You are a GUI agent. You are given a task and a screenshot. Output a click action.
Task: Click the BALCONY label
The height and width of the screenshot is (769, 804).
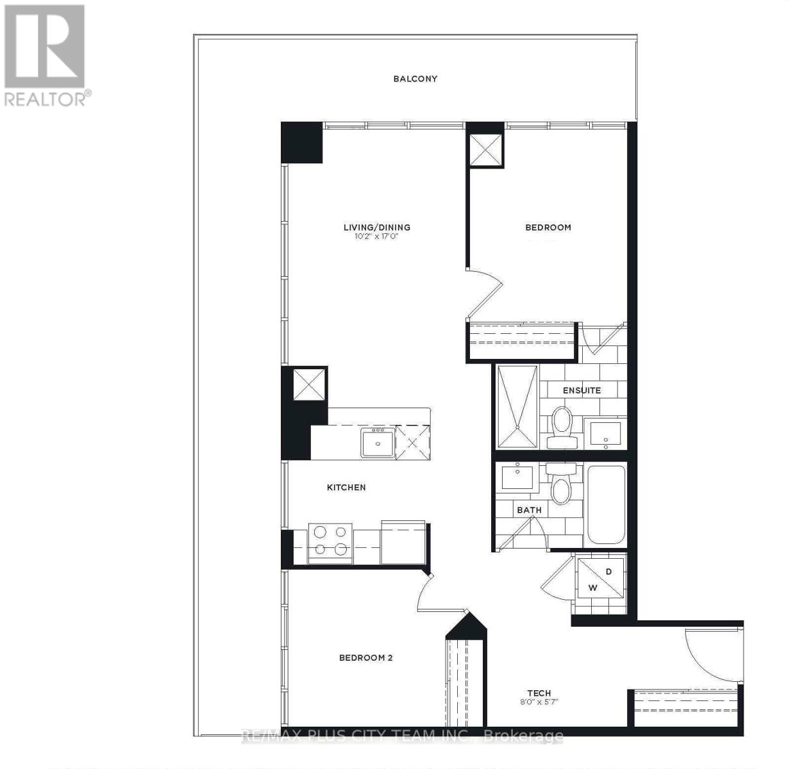pos(415,79)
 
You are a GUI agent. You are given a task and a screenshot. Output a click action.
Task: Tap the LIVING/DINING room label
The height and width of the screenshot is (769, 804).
pos(376,227)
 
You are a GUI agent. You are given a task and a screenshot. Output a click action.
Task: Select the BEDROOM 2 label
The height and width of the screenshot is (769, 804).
pos(365,657)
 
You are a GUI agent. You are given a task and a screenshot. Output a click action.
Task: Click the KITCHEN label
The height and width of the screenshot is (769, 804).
pos(346,488)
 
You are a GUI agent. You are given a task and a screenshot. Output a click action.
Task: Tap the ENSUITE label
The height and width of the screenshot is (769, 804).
pos(582,390)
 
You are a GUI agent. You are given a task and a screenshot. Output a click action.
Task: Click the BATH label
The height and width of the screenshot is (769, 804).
pos(529,510)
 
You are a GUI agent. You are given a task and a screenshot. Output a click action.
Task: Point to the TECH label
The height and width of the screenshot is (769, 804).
pos(539,693)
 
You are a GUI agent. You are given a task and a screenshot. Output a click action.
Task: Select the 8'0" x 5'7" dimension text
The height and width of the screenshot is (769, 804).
pos(539,702)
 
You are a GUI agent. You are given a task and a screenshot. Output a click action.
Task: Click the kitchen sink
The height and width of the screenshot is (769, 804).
pos(377,442)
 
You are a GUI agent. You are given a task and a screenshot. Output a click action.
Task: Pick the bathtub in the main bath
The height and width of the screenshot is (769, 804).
pos(606,505)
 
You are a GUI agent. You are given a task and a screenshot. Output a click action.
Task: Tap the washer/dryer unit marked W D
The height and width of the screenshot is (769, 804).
pos(600,579)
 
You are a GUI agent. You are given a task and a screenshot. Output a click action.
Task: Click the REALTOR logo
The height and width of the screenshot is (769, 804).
pos(46,54)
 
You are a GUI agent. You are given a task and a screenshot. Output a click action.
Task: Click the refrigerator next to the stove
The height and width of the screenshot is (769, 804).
pos(403,542)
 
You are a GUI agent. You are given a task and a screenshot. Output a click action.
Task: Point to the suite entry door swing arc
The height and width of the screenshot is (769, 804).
pos(705,654)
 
